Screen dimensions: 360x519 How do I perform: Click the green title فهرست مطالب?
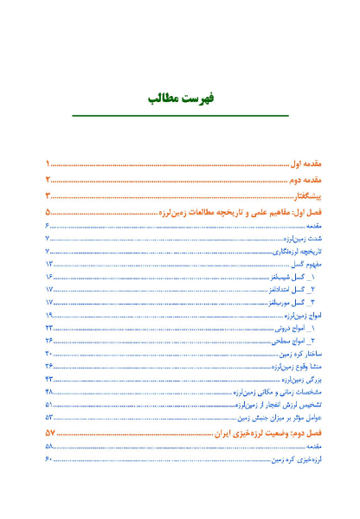click(x=180, y=99)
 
